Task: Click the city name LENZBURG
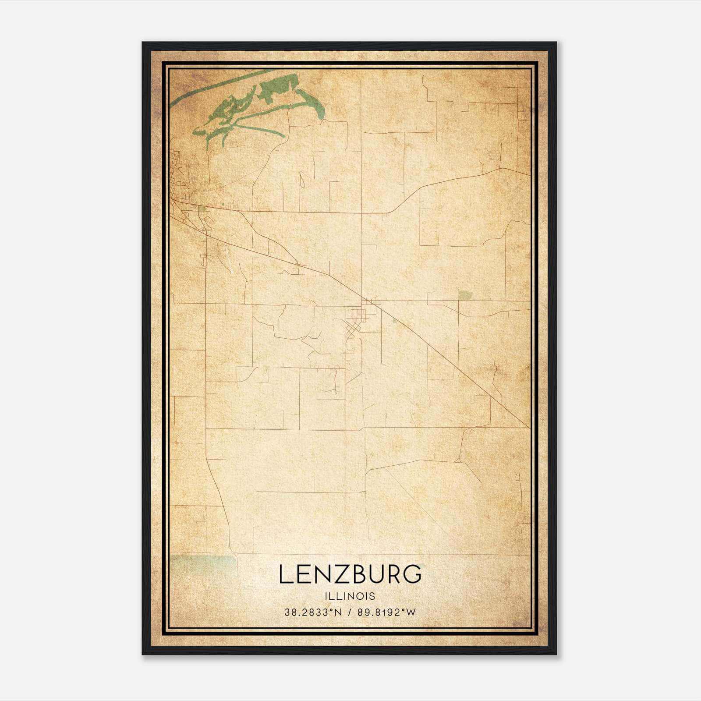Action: pyautogui.click(x=350, y=574)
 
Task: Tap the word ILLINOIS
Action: pyautogui.click(x=350, y=596)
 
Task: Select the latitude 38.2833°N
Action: pyautogui.click(x=313, y=612)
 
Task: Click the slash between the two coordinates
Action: pyautogui.click(x=350, y=612)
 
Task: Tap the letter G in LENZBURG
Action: pyautogui.click(x=412, y=574)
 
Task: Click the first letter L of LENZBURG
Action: pyautogui.click(x=286, y=574)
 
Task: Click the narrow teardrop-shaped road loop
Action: pyautogui.click(x=301, y=180)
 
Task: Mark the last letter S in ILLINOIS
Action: pyautogui.click(x=373, y=596)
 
